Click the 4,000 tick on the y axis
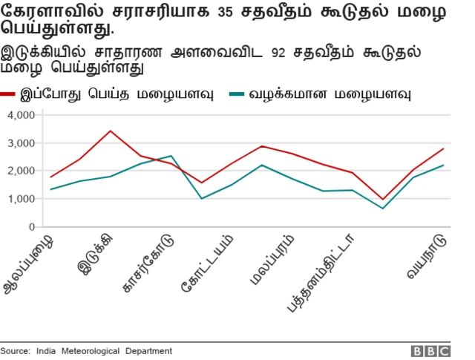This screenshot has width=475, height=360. point(21,115)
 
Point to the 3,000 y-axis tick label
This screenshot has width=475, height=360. point(21,143)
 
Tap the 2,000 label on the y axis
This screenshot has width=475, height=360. point(21,171)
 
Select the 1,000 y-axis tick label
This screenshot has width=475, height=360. point(21,199)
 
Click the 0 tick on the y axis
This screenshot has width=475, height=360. point(32,227)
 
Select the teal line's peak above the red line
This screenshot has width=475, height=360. point(171,156)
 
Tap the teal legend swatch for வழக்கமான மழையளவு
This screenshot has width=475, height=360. point(238,94)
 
